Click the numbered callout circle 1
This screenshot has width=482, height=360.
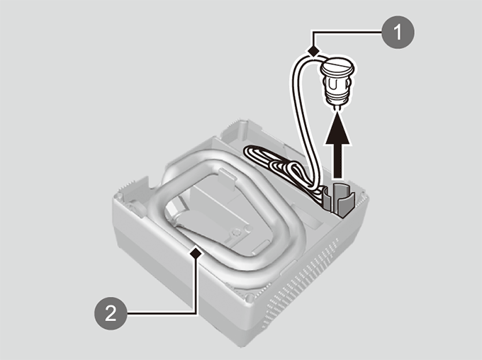398,33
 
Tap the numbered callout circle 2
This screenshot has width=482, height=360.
111,313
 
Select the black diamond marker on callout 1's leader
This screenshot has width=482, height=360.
313,50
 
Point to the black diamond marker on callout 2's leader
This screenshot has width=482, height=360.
196,253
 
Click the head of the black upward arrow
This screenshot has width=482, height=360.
337,128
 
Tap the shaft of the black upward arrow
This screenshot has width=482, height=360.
337,161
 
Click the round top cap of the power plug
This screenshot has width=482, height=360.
337,66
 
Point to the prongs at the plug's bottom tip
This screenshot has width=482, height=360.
337,108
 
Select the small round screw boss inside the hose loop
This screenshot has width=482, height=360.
236,232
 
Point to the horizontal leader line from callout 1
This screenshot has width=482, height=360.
347,31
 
